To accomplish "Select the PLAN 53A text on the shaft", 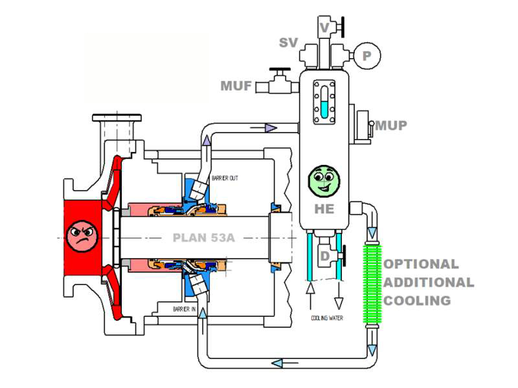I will (x=203, y=237).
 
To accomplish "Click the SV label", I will (x=288, y=43).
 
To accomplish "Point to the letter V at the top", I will (x=325, y=27).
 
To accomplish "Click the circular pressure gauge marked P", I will (x=366, y=56).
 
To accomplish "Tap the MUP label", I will (x=390, y=125).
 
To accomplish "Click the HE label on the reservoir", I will (x=324, y=209).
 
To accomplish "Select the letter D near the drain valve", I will (x=326, y=257).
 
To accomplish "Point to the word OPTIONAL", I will (x=422, y=264).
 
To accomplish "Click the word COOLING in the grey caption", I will (x=418, y=301).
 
